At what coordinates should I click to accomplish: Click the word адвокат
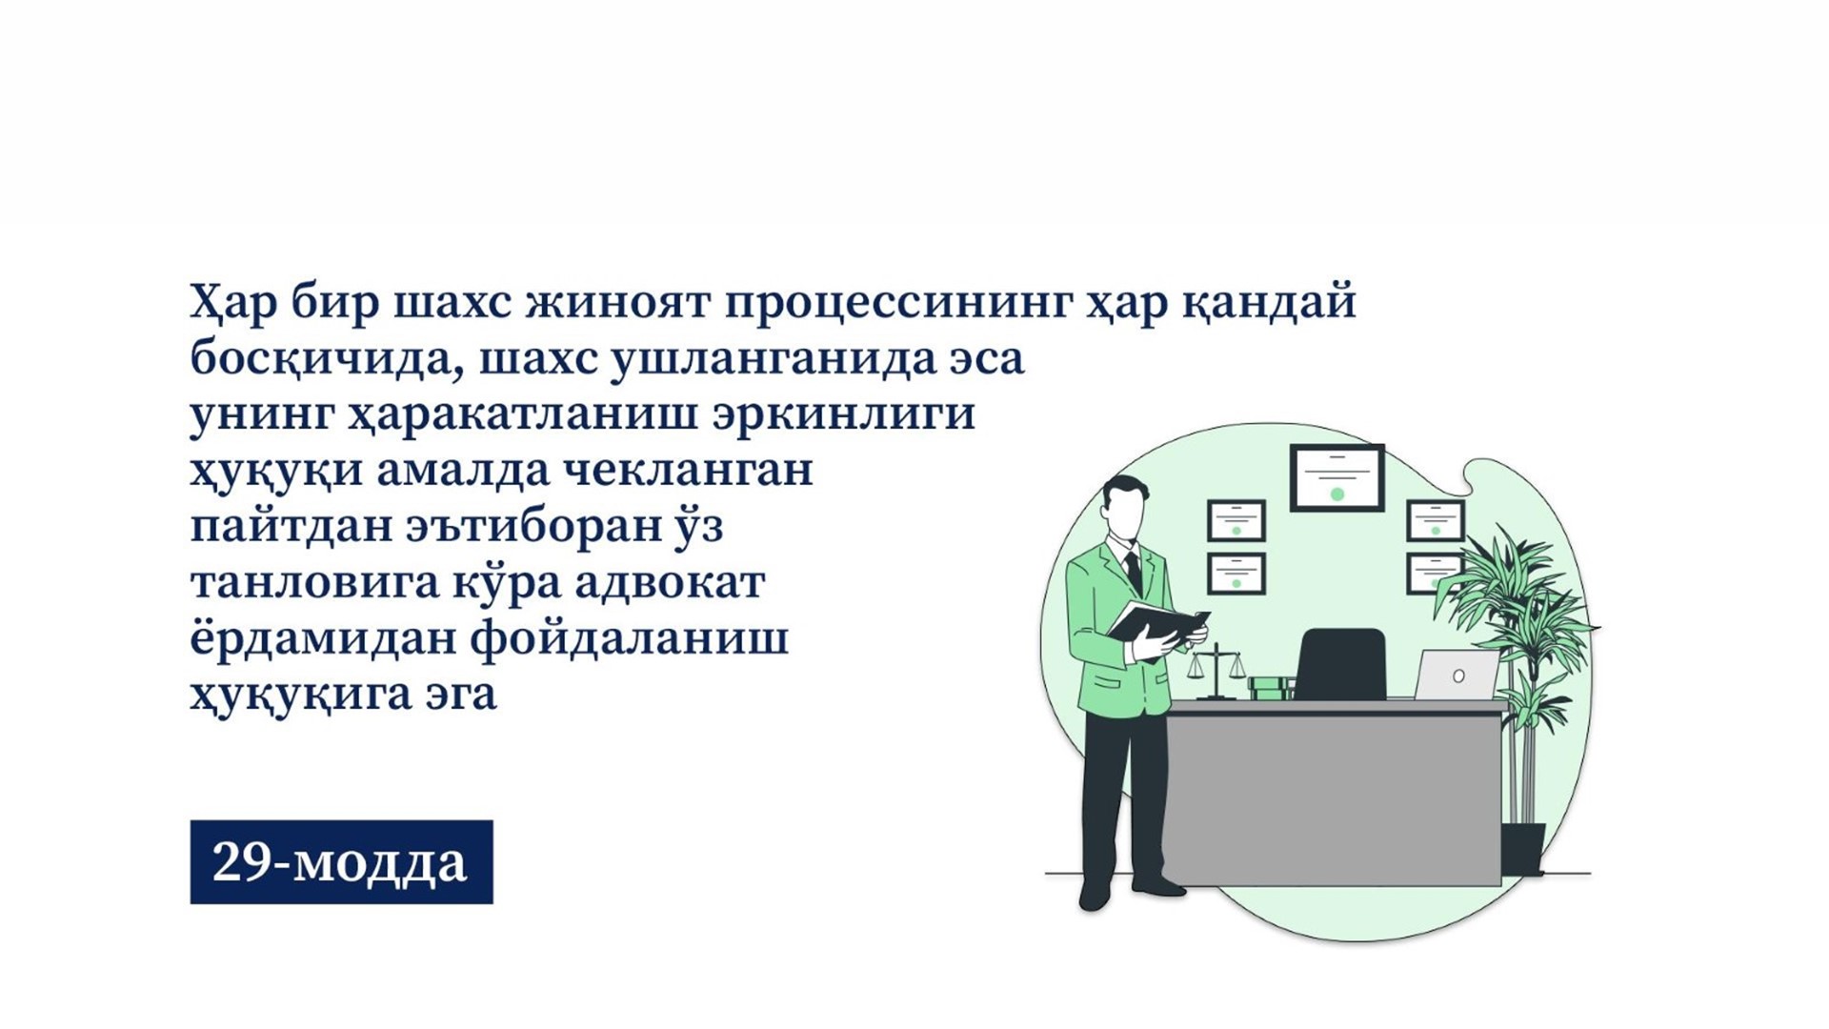[x=669, y=582]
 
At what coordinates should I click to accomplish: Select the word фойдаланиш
[x=630, y=638]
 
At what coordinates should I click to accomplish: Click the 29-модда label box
[x=341, y=861]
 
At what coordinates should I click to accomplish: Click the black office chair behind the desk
[x=1340, y=663]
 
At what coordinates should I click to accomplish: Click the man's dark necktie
[x=1134, y=574]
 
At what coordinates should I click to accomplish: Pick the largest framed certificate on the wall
[x=1337, y=477]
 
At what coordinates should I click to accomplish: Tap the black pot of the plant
[x=1522, y=849]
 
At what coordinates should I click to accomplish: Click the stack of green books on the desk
[x=1271, y=688]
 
